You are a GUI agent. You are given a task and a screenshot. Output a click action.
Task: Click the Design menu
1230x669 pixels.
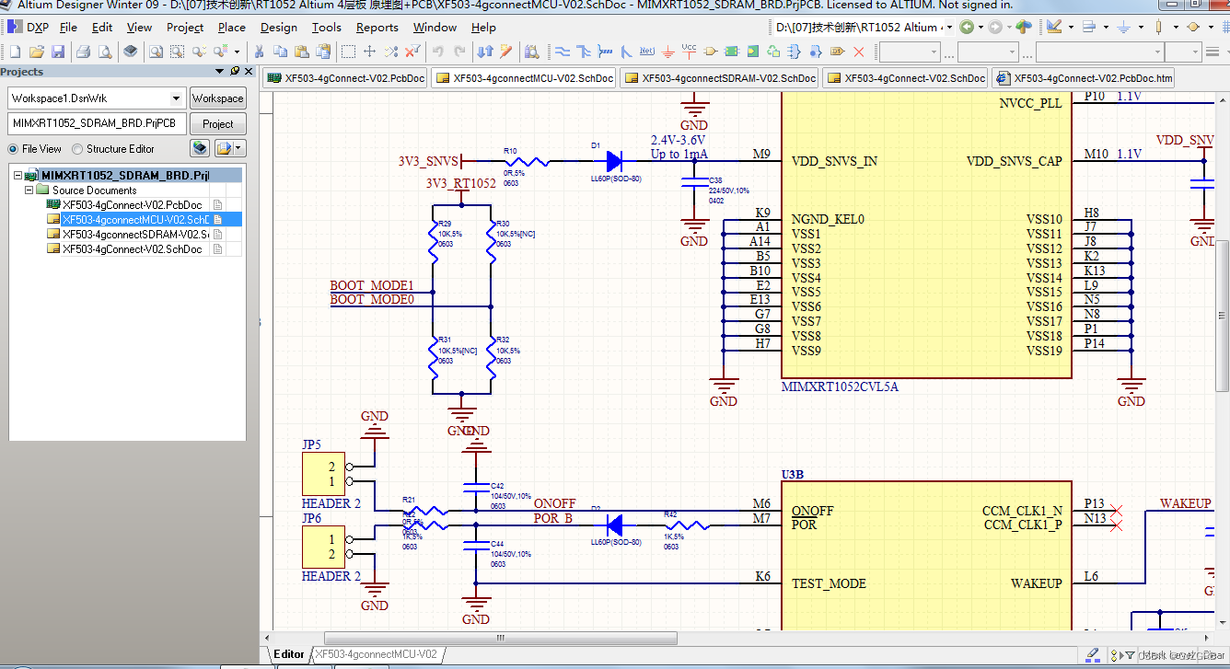(x=278, y=28)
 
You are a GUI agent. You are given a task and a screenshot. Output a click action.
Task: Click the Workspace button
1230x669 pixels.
(x=217, y=98)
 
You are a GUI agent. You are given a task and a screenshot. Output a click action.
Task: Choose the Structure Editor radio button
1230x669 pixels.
(x=78, y=149)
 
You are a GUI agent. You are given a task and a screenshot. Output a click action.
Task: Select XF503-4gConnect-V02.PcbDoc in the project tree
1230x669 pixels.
(x=132, y=205)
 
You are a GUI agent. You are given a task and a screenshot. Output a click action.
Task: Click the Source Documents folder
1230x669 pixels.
(x=94, y=190)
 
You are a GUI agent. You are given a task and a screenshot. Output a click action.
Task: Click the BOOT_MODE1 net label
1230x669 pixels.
(x=371, y=285)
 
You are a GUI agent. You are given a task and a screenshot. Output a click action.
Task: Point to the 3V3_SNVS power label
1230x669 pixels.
(x=428, y=161)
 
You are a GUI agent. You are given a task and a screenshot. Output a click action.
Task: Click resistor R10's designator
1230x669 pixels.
(x=509, y=151)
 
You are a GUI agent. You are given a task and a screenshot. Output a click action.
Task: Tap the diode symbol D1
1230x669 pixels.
(x=615, y=161)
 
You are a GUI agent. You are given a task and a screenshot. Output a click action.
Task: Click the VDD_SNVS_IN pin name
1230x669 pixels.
(x=834, y=161)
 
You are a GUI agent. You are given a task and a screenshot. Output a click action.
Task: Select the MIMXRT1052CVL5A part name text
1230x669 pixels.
(x=839, y=386)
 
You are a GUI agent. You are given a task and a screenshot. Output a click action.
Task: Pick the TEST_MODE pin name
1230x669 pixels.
(x=829, y=583)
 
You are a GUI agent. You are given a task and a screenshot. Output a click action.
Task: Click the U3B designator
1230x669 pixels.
(x=793, y=475)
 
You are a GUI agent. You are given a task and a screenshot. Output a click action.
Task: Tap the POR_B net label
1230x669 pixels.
(x=552, y=518)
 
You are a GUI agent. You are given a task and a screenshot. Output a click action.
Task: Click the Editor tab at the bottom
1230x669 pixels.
(x=288, y=654)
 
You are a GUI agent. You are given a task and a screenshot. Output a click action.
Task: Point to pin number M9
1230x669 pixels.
(x=760, y=154)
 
